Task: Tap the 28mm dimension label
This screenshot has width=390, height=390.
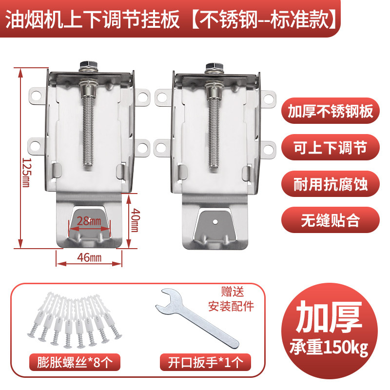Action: tap(90, 222)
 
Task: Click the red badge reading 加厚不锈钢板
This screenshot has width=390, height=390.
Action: tap(330, 112)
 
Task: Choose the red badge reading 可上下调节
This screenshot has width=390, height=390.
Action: tap(330, 148)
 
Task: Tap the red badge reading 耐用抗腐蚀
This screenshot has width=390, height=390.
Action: tap(330, 184)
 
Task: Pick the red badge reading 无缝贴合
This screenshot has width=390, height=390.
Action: tap(330, 220)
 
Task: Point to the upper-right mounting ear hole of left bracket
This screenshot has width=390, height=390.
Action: tap(142, 97)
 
